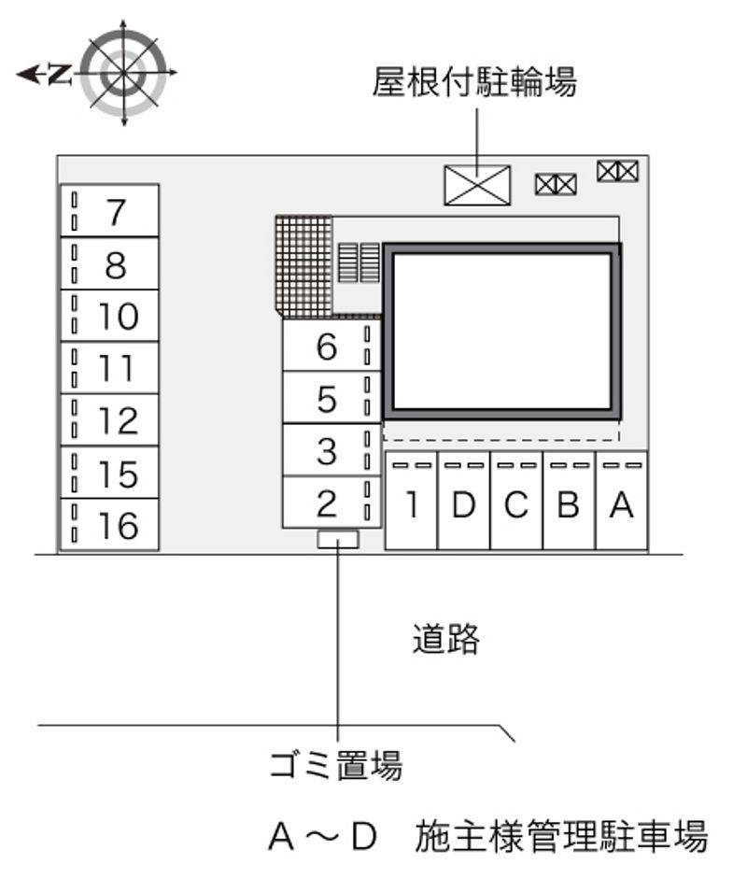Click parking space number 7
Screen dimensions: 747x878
point(110,210)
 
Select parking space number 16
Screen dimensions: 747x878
point(110,525)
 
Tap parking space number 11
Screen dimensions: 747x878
point(110,367)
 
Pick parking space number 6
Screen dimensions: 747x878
point(331,345)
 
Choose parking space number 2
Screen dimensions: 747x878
point(331,503)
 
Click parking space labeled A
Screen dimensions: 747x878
point(622,500)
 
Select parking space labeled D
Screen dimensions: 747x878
point(464,500)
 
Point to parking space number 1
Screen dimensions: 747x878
point(412,500)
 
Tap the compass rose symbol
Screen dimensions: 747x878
point(124,73)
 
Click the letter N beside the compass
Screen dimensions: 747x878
point(60,74)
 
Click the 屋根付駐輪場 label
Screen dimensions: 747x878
point(474,82)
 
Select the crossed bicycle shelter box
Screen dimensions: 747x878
point(477,185)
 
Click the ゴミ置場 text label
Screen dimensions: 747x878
point(336,765)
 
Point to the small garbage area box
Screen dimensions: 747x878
point(338,539)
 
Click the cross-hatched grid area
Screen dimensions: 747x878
point(304,266)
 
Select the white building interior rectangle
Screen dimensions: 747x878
point(501,332)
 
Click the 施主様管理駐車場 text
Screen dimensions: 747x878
point(561,837)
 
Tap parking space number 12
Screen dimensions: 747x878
point(110,420)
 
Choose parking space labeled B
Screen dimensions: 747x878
point(569,500)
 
